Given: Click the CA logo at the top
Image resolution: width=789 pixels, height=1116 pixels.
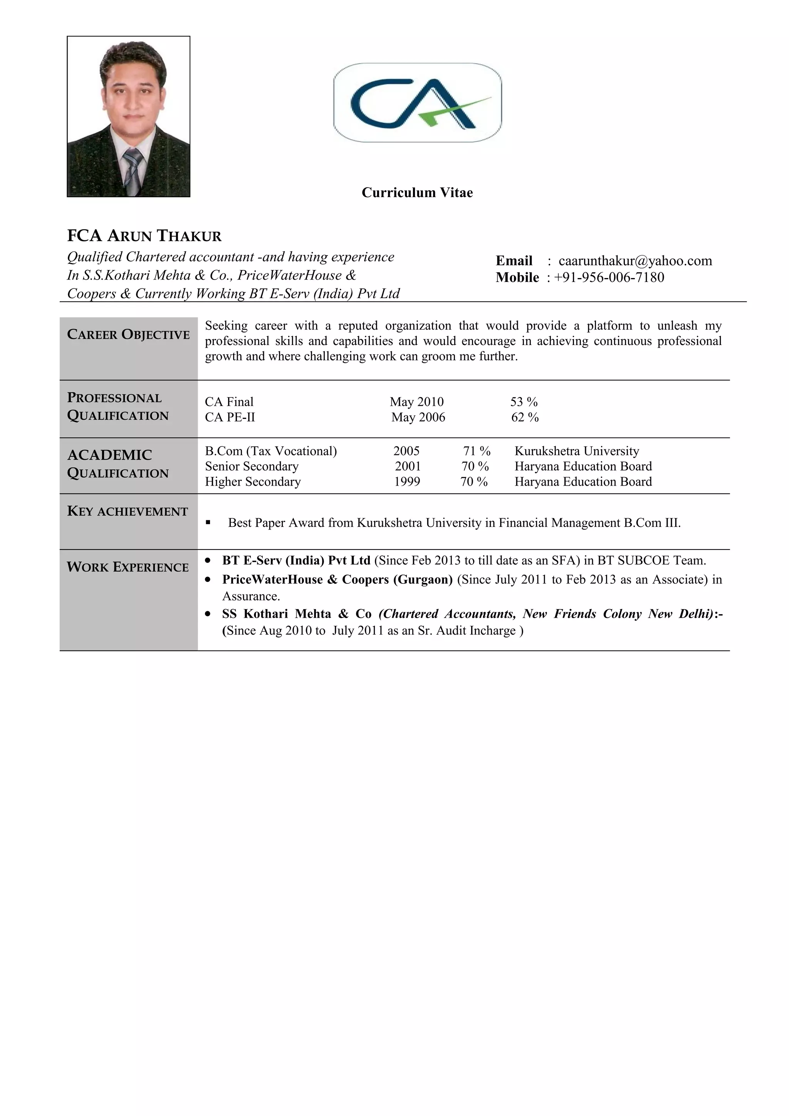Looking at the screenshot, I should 417,102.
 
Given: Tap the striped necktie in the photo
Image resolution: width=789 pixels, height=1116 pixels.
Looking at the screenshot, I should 132,170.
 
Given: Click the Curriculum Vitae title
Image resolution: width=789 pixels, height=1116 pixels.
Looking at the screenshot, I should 417,193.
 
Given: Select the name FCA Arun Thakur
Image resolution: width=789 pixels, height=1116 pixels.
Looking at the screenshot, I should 144,236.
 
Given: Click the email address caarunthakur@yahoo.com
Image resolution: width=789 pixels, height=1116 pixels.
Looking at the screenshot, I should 635,261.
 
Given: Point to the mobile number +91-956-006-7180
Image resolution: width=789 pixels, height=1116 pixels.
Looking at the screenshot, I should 609,278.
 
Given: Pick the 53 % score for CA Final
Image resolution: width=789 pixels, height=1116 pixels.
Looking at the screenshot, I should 524,402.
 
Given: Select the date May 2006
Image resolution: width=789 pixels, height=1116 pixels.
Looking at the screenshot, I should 418,417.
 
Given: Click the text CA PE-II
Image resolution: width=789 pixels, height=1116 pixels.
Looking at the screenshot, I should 230,417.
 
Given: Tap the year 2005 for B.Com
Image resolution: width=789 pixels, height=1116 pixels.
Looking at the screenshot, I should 406,451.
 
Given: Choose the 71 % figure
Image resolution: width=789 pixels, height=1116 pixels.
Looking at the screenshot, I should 477,451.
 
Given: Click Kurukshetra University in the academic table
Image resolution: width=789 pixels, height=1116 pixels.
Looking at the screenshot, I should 577,451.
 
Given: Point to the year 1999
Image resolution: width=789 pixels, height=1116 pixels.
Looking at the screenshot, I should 407,482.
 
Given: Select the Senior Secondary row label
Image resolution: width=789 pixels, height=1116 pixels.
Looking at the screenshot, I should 251,467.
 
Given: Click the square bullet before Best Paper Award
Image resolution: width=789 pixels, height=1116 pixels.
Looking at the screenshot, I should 208,523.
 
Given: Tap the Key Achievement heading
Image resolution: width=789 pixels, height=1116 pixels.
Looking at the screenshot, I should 128,511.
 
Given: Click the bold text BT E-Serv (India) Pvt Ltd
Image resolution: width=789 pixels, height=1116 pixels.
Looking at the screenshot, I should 296,560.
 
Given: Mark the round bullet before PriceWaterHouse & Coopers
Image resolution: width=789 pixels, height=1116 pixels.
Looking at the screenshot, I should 208,580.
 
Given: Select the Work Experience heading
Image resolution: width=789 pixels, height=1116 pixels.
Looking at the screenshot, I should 128,567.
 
